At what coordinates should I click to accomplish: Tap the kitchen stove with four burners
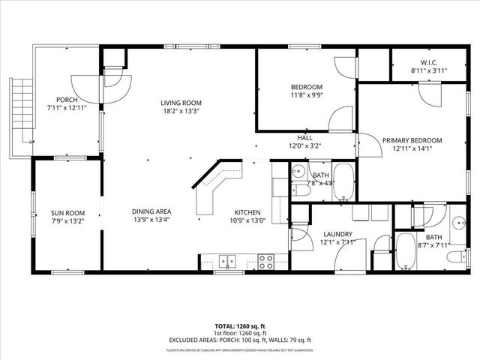(265, 262)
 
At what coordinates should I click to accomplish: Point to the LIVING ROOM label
(181, 103)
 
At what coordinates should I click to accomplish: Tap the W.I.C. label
(429, 62)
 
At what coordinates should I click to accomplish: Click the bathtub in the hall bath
(344, 182)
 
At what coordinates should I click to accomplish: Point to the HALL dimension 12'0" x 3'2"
(304, 146)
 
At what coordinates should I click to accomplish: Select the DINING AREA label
(152, 211)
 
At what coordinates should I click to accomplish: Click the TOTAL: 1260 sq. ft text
(240, 326)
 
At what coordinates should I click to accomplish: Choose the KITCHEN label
(248, 211)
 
